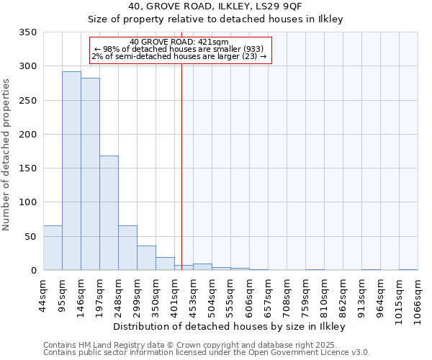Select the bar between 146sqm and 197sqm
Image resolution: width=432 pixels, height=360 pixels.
pos(90,174)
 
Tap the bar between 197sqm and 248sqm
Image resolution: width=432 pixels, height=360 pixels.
pos(109,212)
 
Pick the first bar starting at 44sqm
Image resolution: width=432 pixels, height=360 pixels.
pos(53,248)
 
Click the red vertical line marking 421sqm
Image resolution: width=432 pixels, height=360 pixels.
pos(181,158)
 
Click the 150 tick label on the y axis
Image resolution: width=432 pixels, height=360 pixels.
pos(28,168)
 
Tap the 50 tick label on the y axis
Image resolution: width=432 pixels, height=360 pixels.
pos(31,236)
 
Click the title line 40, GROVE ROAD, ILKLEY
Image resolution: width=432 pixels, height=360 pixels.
pos(216,6)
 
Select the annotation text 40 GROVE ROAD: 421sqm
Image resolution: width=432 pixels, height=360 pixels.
pos(180,42)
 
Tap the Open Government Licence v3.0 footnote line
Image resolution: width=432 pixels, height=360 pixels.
pos(207,353)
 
